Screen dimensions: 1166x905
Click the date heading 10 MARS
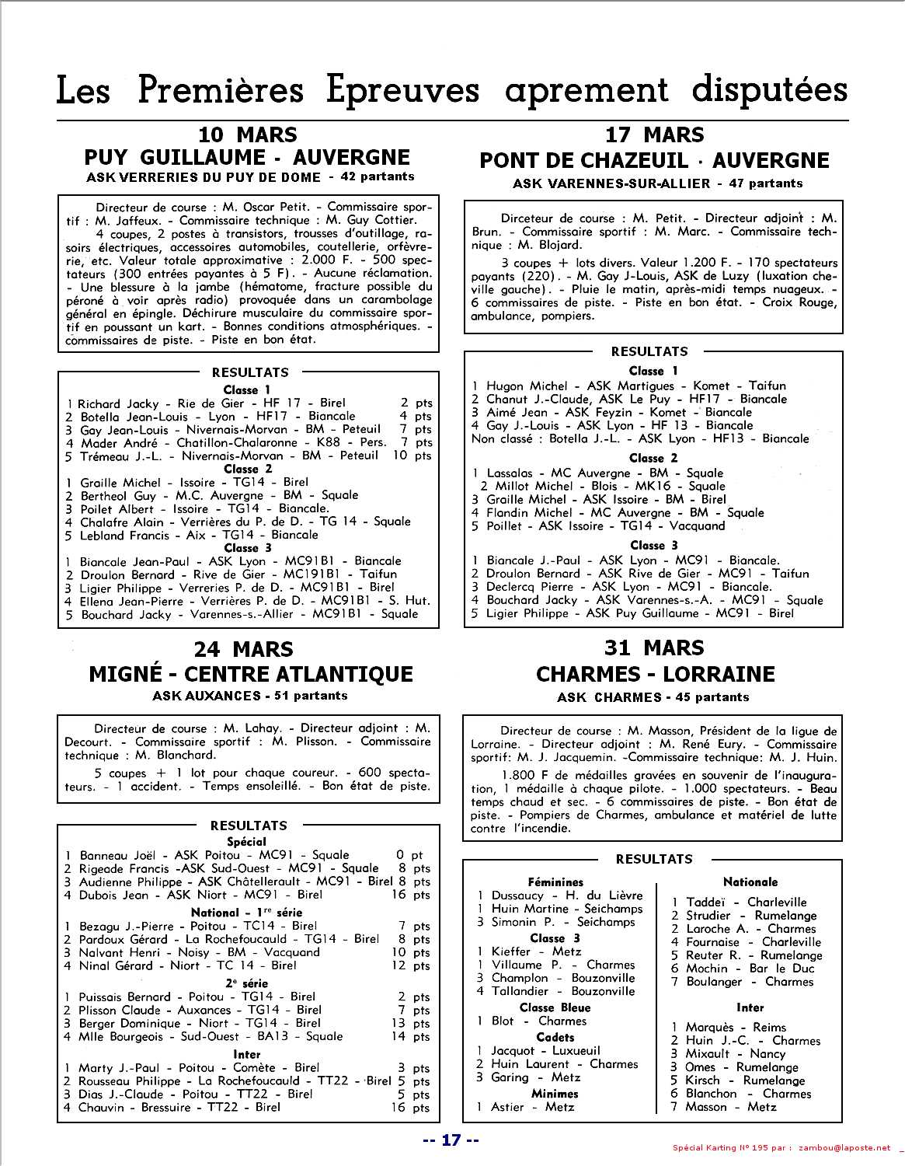point(247,134)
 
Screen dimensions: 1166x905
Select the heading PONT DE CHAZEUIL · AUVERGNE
point(654,161)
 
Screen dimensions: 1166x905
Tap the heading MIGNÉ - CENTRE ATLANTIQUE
point(250,674)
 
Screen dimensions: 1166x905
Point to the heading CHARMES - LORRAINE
point(655,674)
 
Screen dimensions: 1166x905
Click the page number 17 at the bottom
point(451,1140)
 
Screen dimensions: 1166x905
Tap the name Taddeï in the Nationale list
point(705,902)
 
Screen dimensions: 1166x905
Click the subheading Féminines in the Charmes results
point(555,882)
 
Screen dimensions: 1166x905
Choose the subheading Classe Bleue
point(555,1007)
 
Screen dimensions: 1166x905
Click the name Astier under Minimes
point(507,1107)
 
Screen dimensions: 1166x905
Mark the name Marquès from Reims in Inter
point(709,1028)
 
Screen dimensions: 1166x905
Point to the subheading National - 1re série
point(247,913)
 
